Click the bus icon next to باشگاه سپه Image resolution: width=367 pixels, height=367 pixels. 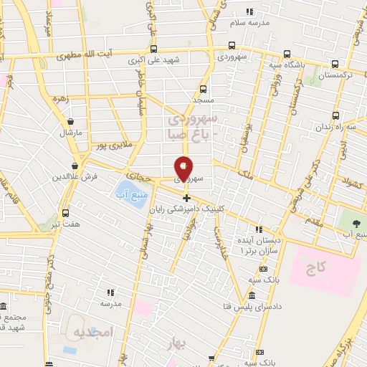[287, 54]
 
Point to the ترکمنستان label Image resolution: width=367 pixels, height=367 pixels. [325, 75]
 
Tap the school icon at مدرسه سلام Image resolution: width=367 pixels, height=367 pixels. [249, 12]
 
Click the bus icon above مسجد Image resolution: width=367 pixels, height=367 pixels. [203, 90]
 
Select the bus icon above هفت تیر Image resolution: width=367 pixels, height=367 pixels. [66, 213]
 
